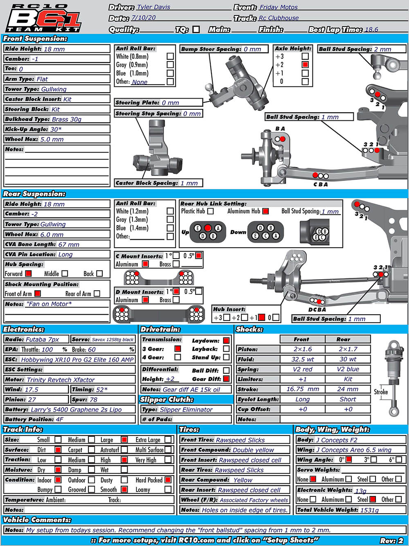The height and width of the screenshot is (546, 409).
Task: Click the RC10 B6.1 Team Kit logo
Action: (45, 18)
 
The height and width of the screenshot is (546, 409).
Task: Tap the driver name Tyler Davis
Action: (153, 7)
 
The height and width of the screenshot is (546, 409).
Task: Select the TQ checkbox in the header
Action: (196, 29)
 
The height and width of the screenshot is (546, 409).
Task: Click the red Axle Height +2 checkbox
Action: (305, 65)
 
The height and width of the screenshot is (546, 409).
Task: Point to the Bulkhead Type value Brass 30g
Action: (67, 119)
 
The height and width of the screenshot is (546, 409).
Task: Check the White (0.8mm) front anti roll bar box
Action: (170, 56)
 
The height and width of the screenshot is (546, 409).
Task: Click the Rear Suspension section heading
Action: (34, 194)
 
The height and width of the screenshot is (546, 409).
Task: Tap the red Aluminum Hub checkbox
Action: (265, 211)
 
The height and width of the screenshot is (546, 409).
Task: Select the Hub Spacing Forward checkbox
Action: (29, 273)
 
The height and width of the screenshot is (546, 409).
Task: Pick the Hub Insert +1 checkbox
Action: (261, 317)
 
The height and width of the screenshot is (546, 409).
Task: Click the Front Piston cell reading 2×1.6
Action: (303, 349)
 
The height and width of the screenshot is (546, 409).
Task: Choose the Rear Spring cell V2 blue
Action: (348, 369)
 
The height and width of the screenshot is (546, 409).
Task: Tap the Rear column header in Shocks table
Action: (343, 339)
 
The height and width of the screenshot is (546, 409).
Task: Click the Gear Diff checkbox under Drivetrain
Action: (226, 379)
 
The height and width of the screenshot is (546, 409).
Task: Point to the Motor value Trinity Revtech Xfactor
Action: (61, 380)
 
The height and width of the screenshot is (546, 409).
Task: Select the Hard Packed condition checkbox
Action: (168, 480)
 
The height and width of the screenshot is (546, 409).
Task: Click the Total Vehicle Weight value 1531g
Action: (369, 510)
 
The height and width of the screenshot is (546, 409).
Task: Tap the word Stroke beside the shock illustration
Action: (381, 392)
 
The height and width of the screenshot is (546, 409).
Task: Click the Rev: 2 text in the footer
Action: (391, 541)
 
